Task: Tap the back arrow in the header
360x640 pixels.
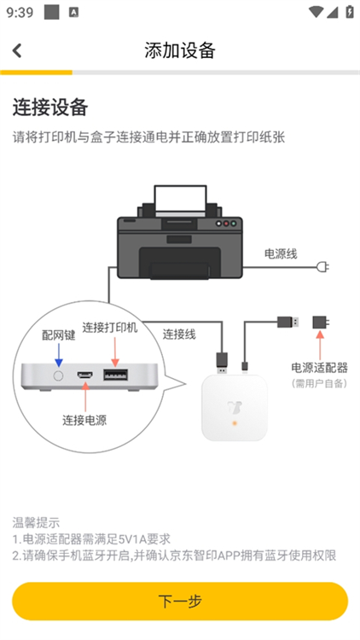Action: click(17, 50)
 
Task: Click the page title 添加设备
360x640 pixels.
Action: click(180, 50)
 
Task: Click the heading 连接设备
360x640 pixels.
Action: click(50, 108)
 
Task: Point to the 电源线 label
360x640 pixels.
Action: click(280, 253)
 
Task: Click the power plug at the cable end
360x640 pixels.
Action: click(322, 267)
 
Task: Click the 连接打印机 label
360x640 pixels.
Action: click(109, 328)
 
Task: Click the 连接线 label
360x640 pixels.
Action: click(179, 334)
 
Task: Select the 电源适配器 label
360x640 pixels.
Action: click(319, 368)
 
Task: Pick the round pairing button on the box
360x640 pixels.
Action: click(59, 375)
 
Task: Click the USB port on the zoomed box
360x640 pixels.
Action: click(115, 375)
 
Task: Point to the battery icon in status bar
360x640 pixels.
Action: click(349, 12)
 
